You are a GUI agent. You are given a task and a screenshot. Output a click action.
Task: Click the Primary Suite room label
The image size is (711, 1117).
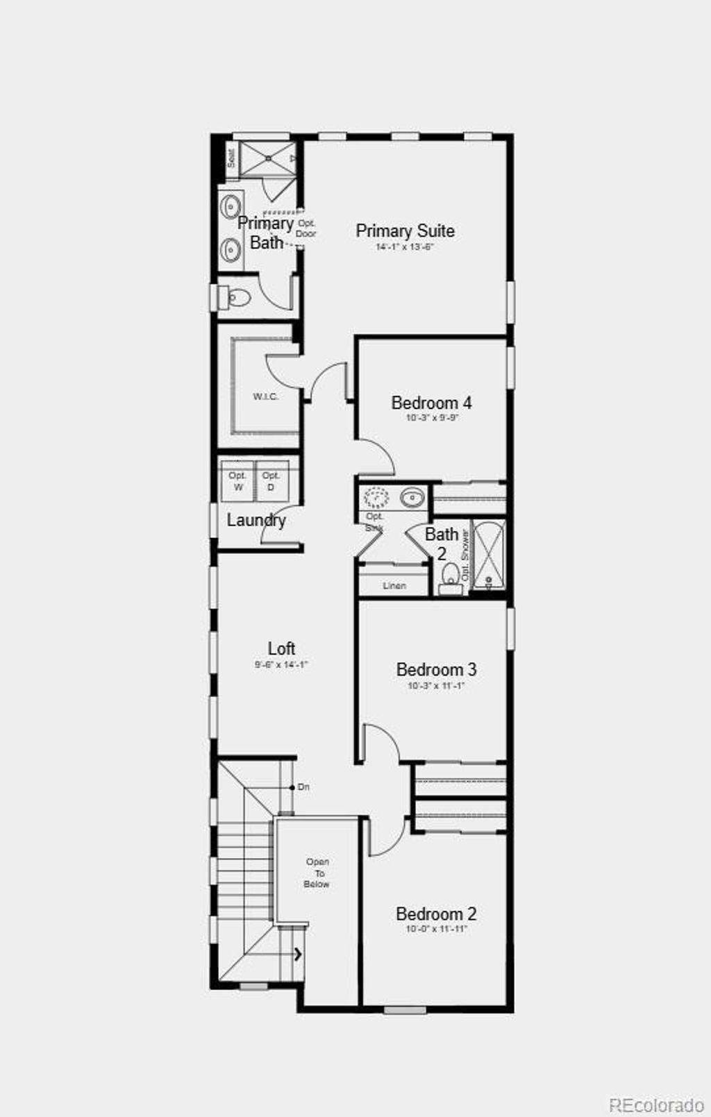click(405, 230)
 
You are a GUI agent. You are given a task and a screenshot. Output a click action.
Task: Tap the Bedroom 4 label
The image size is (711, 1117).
click(431, 403)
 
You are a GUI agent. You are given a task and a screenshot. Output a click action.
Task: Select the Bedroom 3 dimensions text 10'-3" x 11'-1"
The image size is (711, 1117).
click(435, 685)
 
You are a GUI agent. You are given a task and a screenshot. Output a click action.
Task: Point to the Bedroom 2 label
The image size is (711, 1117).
click(435, 914)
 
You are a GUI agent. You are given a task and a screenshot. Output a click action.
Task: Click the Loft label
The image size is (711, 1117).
click(281, 648)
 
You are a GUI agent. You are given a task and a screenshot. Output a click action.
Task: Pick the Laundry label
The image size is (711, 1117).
click(256, 520)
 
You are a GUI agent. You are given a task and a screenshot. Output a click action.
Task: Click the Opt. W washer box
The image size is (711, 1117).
click(238, 481)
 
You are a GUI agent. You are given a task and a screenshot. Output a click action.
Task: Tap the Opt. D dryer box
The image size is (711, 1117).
click(271, 481)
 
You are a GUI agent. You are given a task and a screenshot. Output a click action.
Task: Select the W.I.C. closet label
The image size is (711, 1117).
click(265, 396)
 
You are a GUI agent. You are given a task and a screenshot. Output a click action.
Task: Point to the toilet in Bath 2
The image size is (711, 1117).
click(451, 577)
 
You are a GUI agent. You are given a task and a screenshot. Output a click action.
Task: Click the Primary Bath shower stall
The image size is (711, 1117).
click(268, 159)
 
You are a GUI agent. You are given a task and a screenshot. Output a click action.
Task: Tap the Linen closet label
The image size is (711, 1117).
click(394, 586)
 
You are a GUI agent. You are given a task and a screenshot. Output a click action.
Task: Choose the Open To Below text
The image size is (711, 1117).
click(317, 873)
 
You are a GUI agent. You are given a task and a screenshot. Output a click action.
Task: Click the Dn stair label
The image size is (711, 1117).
click(303, 787)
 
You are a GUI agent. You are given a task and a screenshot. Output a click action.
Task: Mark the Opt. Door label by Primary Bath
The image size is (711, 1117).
click(306, 228)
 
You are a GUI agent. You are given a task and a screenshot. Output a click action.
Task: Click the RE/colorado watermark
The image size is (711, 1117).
click(656, 1104)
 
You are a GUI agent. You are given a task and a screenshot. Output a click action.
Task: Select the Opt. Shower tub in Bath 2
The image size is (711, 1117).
click(489, 555)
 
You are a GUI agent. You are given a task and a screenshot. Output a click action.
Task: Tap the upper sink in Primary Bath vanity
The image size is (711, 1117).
click(230, 206)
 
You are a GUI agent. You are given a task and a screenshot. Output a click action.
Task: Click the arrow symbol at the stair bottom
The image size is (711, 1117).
click(298, 954)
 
